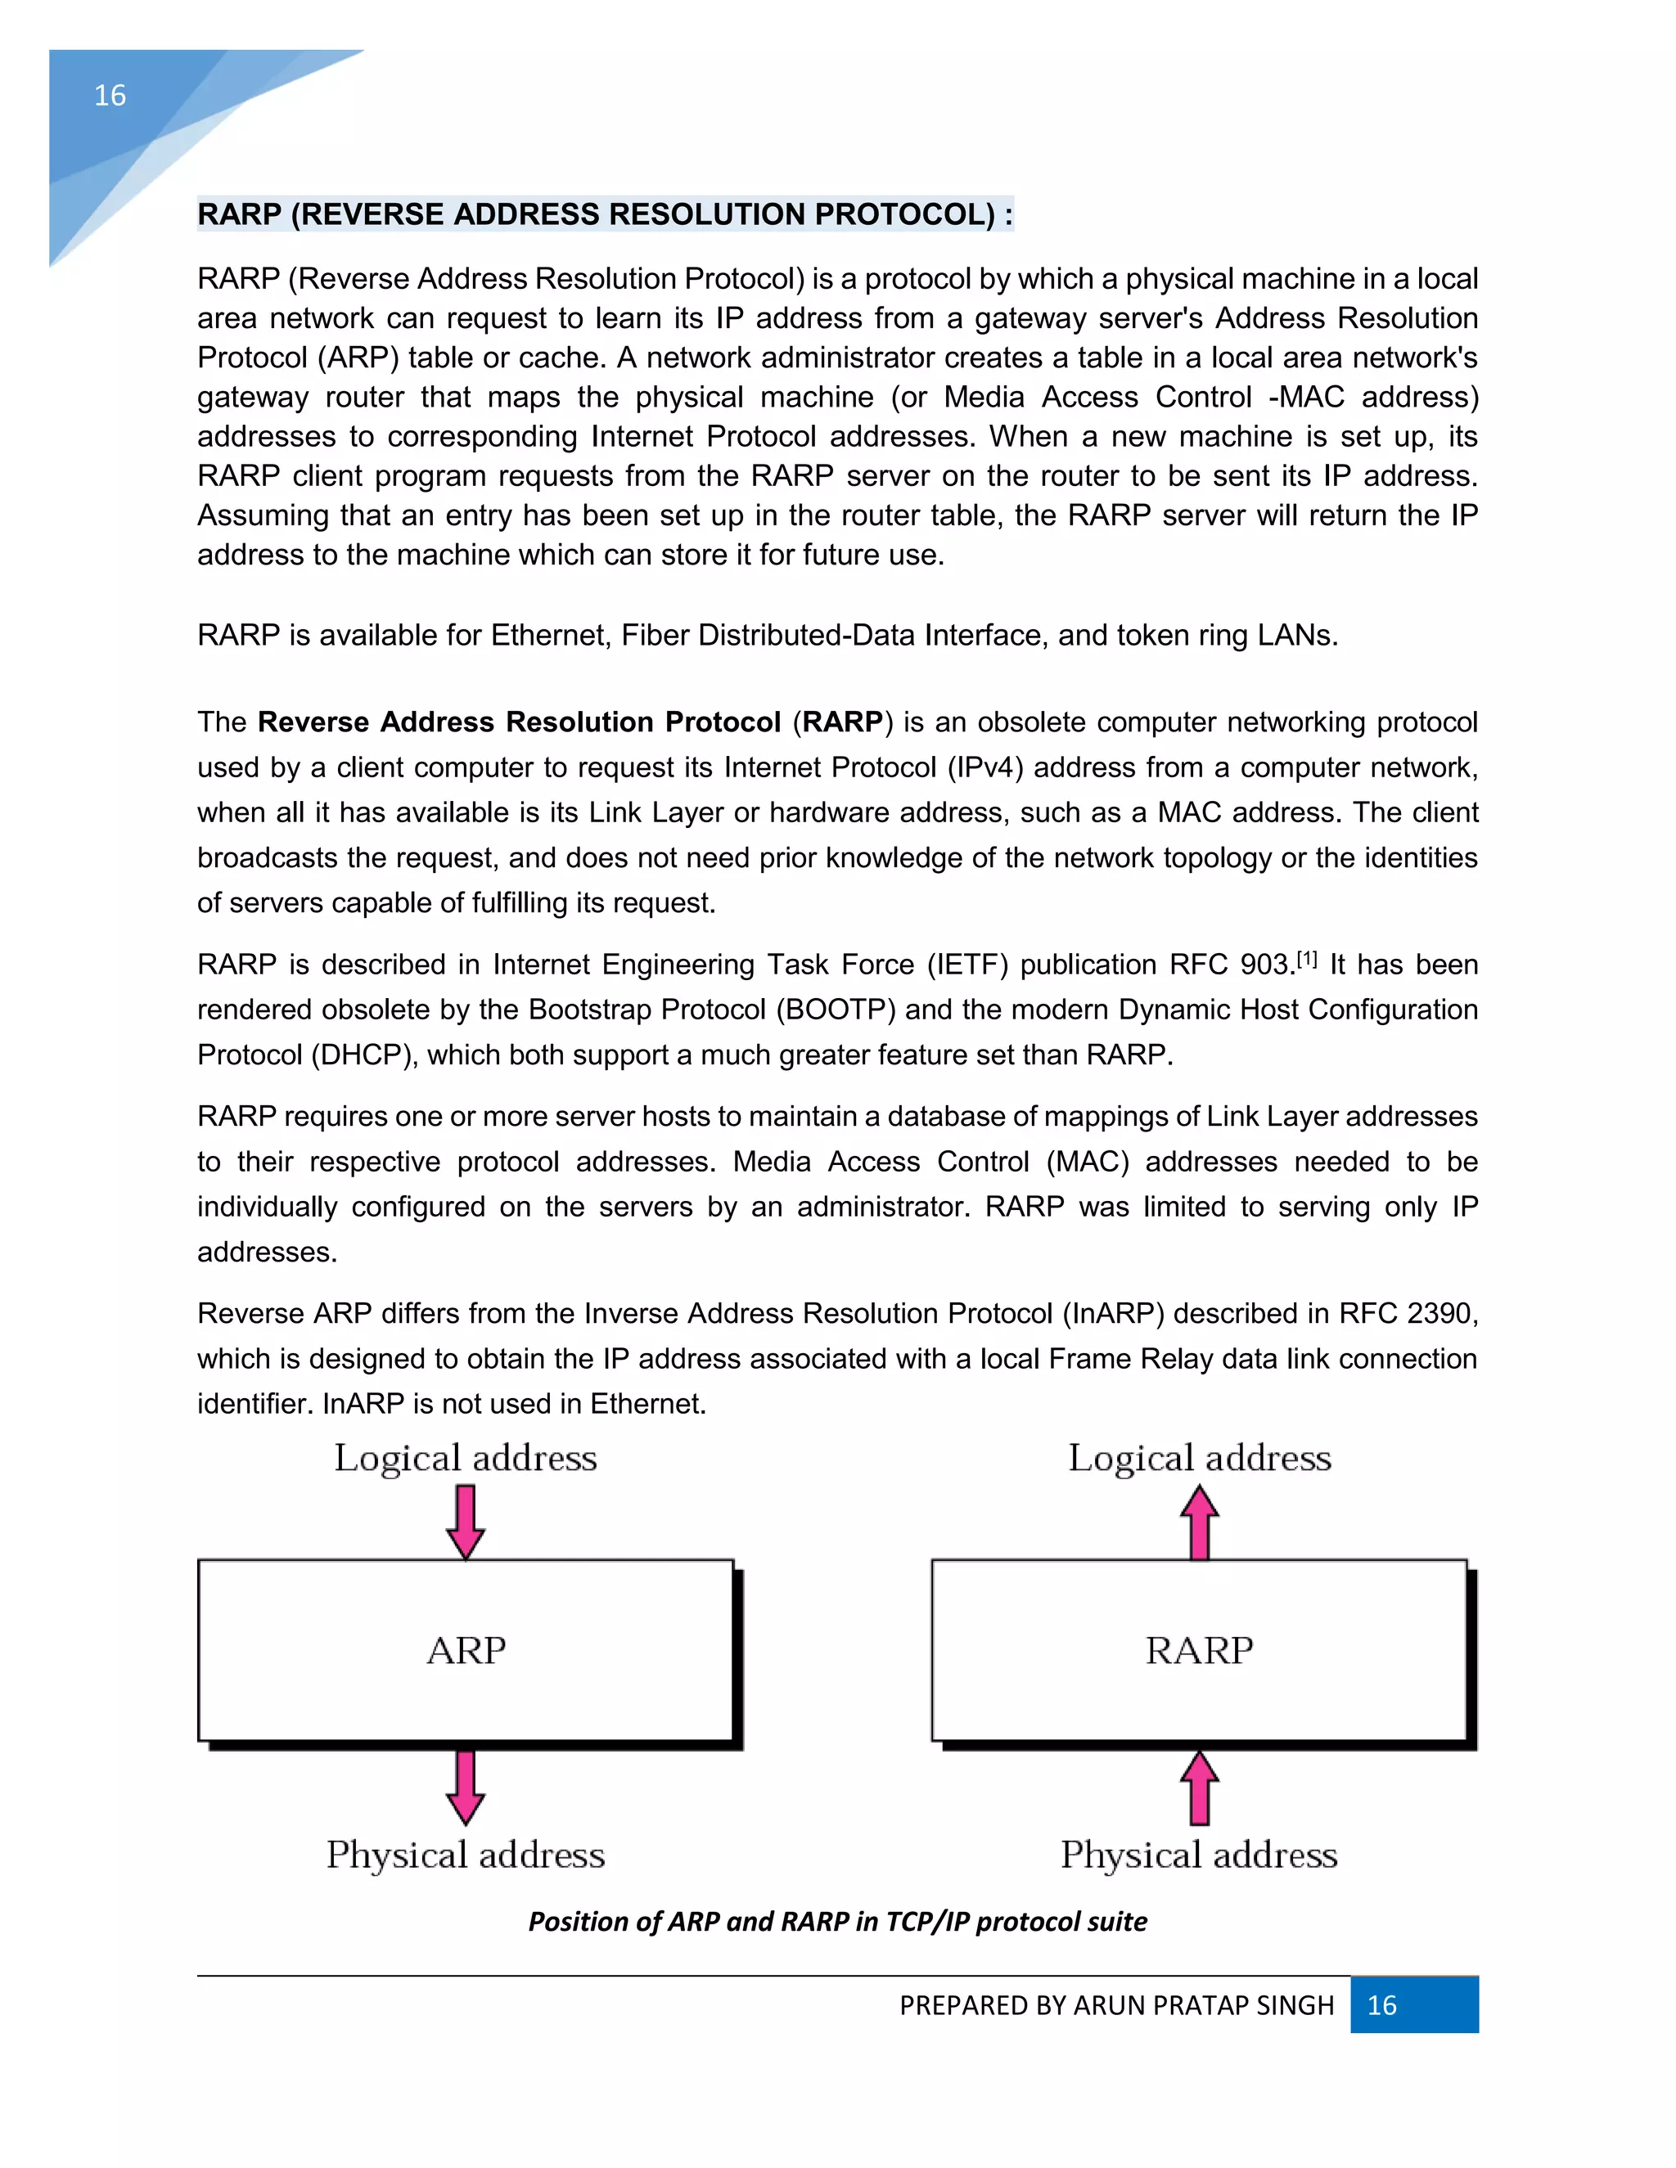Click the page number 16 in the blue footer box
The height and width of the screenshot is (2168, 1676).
(x=1381, y=2005)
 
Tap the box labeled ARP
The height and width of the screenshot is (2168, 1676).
(x=466, y=1651)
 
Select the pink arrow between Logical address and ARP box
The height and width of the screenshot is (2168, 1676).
(x=466, y=1521)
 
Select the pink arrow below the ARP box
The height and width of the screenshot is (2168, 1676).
(x=466, y=1788)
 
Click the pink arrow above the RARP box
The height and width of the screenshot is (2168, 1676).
(x=1200, y=1522)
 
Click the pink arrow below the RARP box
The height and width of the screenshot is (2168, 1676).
(x=1200, y=1788)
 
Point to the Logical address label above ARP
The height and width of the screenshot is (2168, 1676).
(x=466, y=1458)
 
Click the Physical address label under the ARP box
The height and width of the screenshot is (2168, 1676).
(x=466, y=1855)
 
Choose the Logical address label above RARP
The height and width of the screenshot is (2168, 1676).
(x=1200, y=1458)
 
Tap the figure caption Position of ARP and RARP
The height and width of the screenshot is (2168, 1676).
(x=837, y=1922)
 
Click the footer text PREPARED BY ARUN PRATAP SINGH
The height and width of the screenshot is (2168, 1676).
(x=1116, y=2006)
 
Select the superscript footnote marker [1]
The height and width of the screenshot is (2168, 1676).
(x=1307, y=959)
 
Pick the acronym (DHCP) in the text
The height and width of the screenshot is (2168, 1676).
(x=363, y=1055)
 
